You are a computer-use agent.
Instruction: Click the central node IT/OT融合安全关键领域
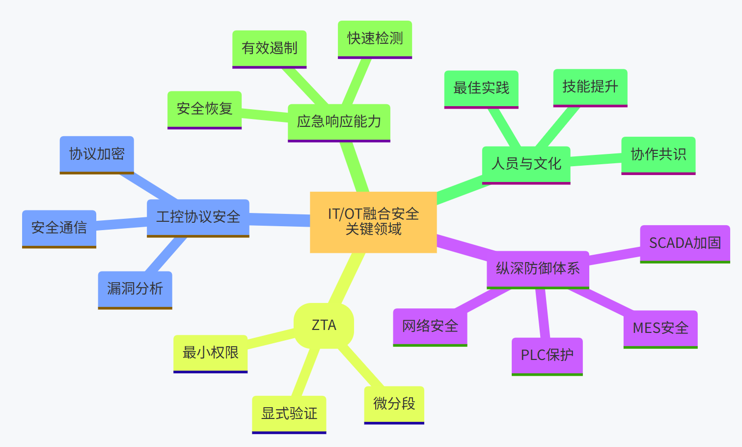tap(373, 222)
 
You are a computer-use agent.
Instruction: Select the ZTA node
tap(324, 325)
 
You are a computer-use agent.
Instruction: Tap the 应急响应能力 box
tap(339, 122)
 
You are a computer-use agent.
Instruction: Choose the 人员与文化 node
tap(526, 164)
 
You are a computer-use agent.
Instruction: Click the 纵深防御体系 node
tap(538, 268)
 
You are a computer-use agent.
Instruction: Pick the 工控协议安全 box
tap(198, 217)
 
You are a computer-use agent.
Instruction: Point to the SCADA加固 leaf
tap(685, 243)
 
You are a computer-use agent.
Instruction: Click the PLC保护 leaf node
tap(547, 356)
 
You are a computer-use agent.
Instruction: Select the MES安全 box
tap(660, 328)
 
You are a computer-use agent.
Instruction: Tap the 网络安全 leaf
tap(430, 327)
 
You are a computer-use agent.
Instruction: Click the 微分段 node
tap(394, 404)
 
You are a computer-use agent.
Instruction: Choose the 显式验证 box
tap(289, 414)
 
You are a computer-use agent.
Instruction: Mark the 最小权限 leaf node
tap(210, 353)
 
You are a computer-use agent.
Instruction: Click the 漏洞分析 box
tap(135, 289)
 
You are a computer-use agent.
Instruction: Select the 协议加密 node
tap(97, 154)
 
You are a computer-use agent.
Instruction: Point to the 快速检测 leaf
tap(375, 39)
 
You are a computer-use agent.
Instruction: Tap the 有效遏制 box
tap(269, 49)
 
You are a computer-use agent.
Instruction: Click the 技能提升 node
tap(590, 87)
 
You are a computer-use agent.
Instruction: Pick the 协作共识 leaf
tap(658, 155)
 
